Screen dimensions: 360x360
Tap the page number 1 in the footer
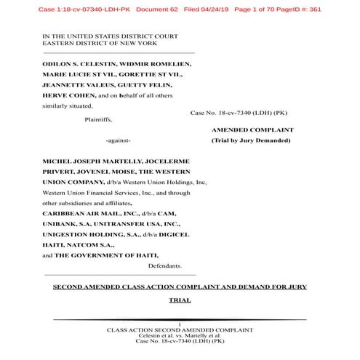(179, 323)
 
